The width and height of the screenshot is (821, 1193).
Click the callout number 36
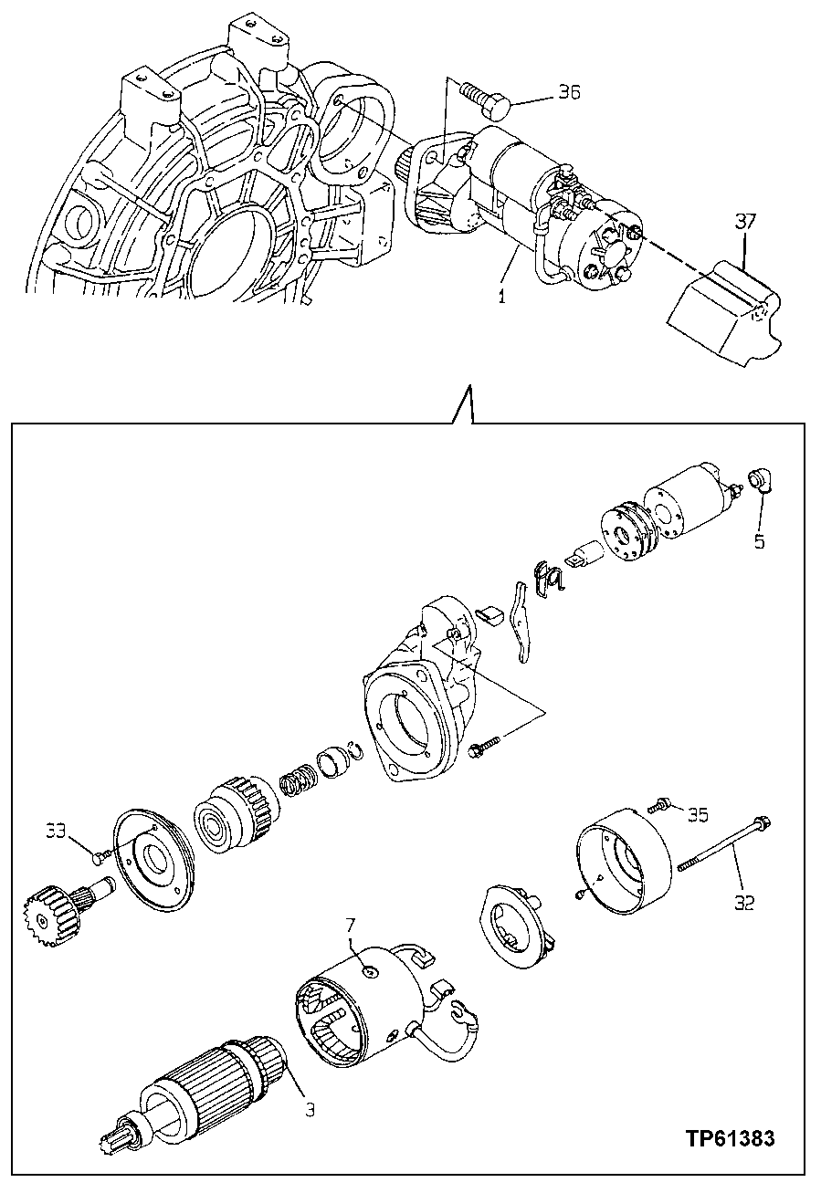click(x=569, y=93)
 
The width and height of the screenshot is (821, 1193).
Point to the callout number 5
click(x=759, y=541)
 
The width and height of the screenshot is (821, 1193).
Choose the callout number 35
click(x=698, y=814)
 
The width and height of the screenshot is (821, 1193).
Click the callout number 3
click(x=310, y=1110)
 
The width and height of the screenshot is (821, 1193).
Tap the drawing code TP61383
click(x=731, y=1138)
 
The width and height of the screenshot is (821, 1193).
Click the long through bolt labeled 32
click(x=726, y=843)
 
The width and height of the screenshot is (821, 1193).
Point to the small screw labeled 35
click(x=658, y=805)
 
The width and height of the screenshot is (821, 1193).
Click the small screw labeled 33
click(x=100, y=855)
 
